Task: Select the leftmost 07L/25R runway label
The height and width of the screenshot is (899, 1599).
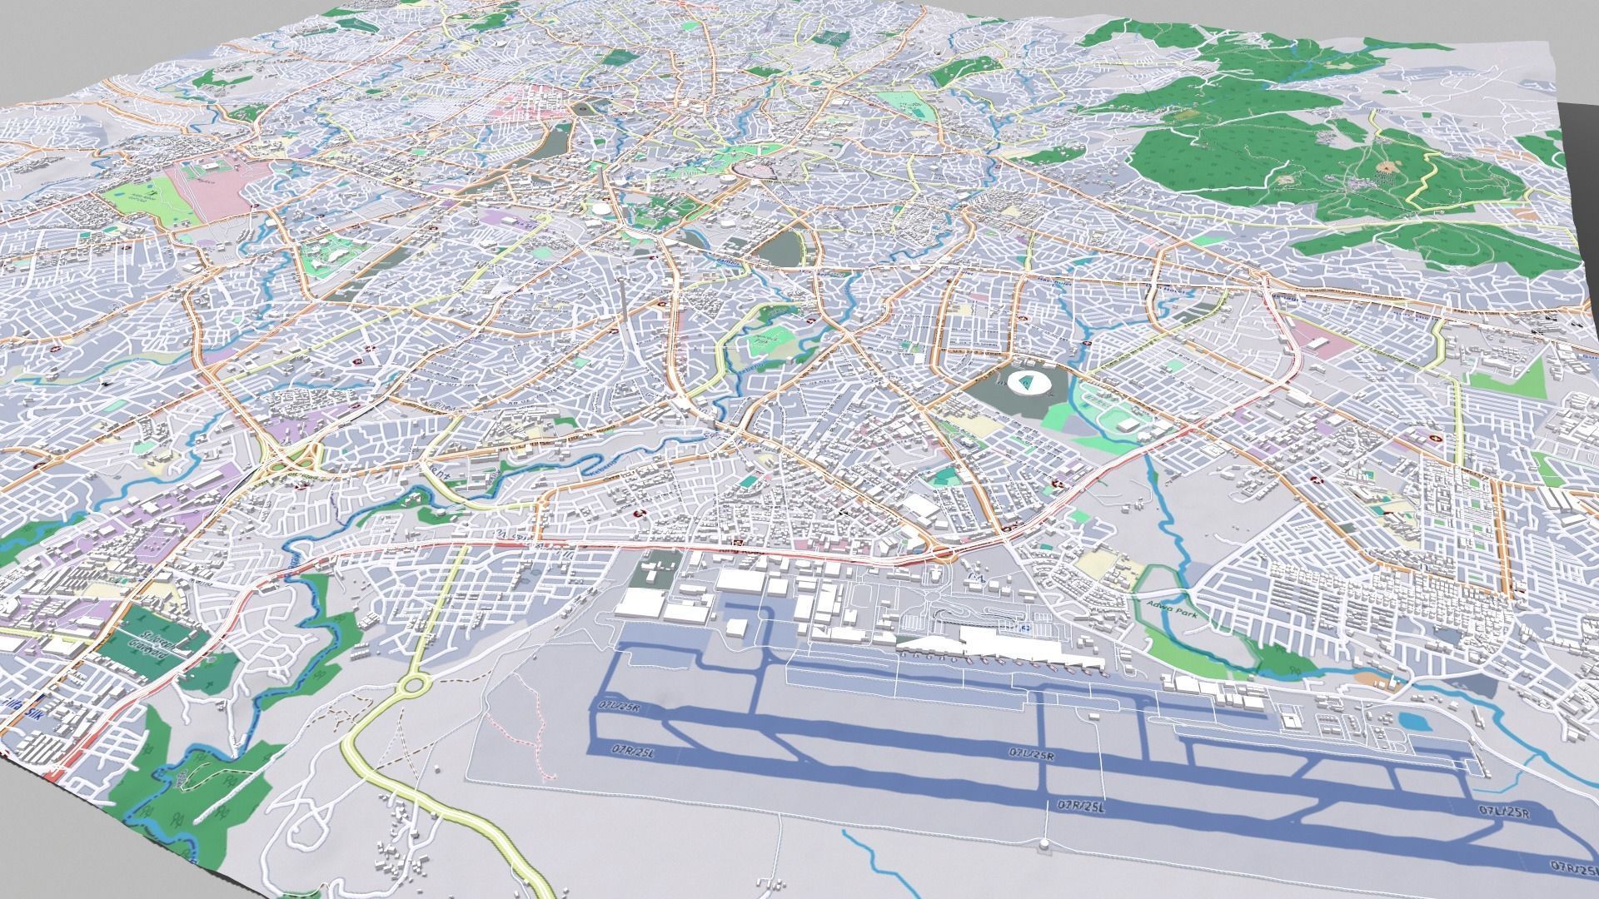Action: [x=617, y=708]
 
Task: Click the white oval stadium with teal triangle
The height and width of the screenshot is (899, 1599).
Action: [x=1026, y=383]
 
